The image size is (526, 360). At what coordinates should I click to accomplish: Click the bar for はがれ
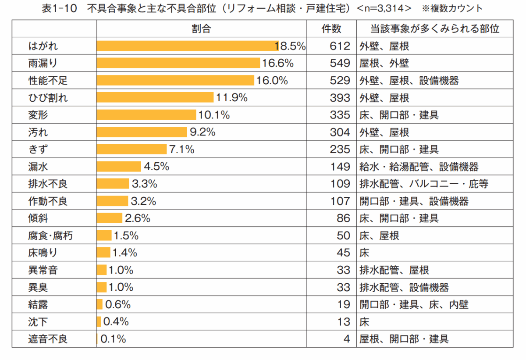[x=187, y=46]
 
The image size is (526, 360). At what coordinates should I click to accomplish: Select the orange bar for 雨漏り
[x=178, y=63]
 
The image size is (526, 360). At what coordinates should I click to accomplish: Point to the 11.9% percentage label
[x=231, y=98]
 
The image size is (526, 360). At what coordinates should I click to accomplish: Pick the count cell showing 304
[x=340, y=132]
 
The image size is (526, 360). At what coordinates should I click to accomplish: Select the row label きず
[x=38, y=150]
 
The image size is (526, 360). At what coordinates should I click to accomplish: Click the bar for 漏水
[x=119, y=167]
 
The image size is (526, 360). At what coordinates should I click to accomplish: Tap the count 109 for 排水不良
[x=340, y=184]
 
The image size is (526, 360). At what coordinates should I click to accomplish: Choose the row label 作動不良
[x=48, y=201]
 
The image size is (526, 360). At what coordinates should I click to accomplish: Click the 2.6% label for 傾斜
[x=138, y=218]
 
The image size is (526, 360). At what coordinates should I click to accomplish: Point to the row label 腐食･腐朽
[x=50, y=236]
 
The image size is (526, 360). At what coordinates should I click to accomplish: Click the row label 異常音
[x=43, y=270]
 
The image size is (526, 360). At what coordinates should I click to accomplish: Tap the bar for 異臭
[x=101, y=287]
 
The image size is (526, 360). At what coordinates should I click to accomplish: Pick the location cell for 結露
[x=414, y=305]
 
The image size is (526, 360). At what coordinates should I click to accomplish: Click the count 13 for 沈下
[x=344, y=322]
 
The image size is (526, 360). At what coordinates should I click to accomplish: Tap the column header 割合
[x=201, y=29]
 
